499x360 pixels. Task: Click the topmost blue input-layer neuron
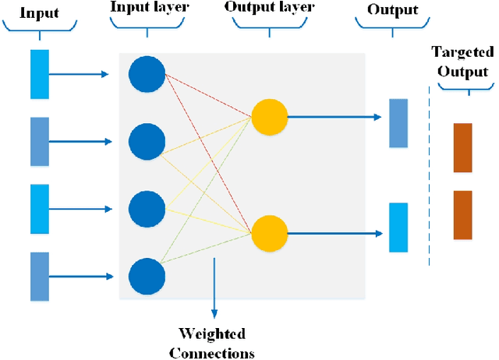147,74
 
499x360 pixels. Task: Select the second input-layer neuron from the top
147,142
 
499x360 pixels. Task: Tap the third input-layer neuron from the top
147,209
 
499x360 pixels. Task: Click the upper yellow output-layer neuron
269,117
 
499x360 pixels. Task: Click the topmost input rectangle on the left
40,74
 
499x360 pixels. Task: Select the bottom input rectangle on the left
40,276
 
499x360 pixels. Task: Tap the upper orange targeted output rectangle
462,147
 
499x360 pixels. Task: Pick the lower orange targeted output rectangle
462,214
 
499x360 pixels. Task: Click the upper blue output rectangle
398,123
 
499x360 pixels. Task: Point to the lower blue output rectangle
398,227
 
